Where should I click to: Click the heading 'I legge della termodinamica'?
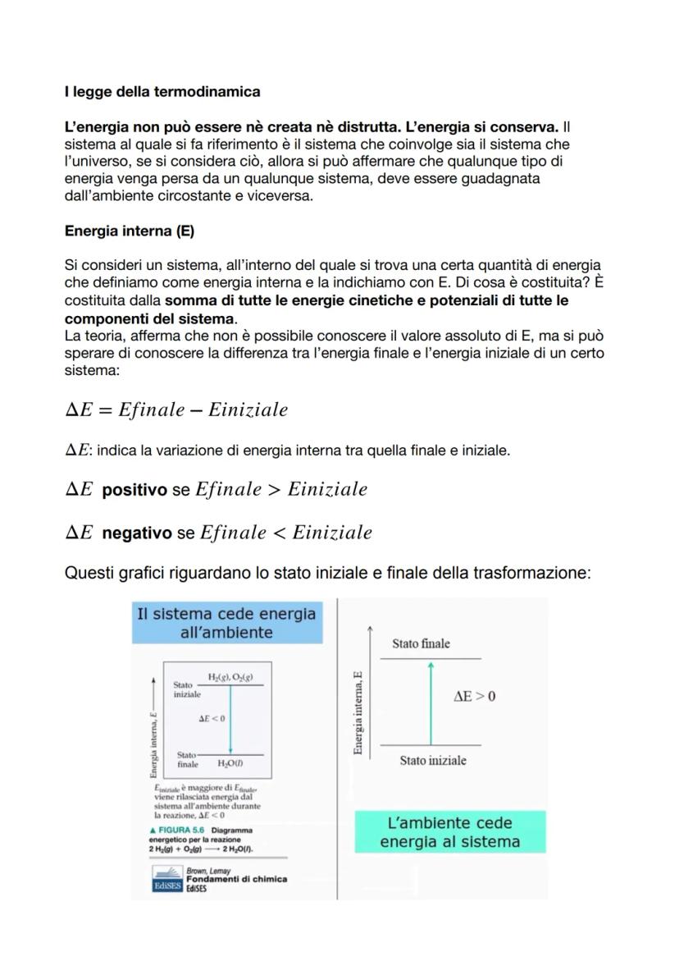point(162,91)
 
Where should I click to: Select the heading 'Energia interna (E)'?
point(129,231)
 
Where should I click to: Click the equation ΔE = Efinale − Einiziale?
point(176,410)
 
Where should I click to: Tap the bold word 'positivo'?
point(134,491)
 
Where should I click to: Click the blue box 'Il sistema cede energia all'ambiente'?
point(226,623)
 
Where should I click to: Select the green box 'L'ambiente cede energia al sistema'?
point(449,832)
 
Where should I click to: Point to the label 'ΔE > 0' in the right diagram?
point(474,697)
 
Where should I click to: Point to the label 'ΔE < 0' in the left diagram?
point(212,718)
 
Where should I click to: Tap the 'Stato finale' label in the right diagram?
point(421,644)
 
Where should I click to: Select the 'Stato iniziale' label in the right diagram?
point(433,761)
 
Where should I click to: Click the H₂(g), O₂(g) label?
point(230,677)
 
